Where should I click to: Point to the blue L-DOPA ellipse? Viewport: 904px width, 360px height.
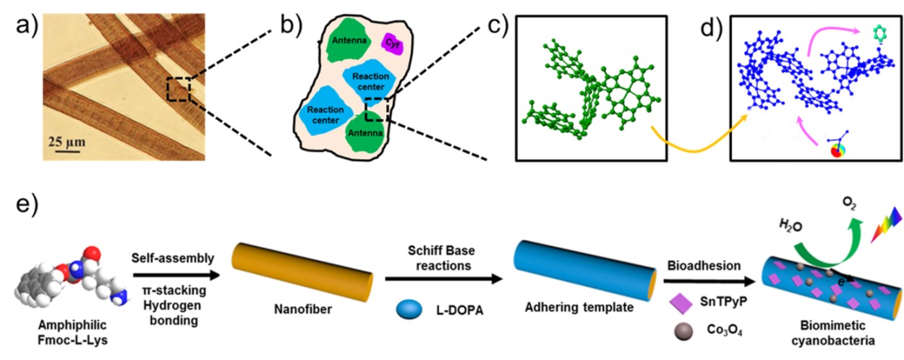point(409,308)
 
